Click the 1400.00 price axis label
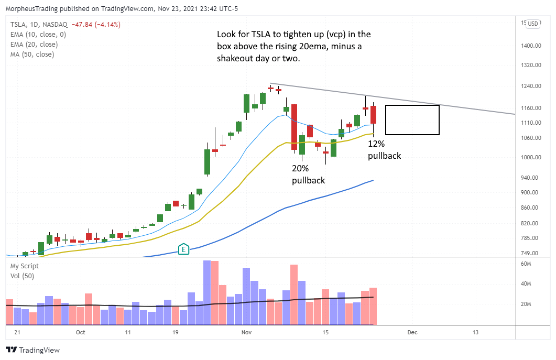click(530, 46)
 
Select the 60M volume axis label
click(526, 264)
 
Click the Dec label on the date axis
click(412, 332)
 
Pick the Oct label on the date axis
click(81, 332)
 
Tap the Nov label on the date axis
click(246, 332)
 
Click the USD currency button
click(533, 23)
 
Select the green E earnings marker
click(183, 249)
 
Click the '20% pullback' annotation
click(308, 174)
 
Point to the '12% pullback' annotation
click(384, 149)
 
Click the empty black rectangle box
click(412, 120)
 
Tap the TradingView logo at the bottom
click(32, 350)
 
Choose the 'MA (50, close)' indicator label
click(32, 54)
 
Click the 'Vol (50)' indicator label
click(22, 276)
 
